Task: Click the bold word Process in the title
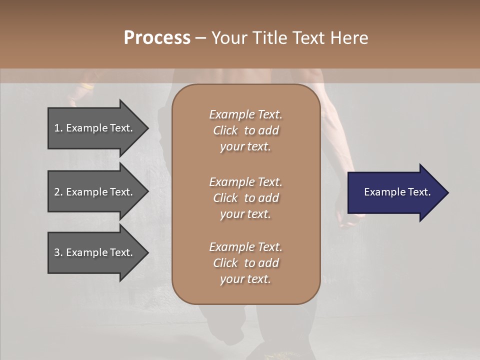(x=157, y=38)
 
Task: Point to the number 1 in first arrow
(x=57, y=128)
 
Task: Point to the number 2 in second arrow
(x=57, y=192)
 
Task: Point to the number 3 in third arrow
(x=57, y=252)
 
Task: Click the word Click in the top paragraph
(x=225, y=130)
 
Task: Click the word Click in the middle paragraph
(x=225, y=198)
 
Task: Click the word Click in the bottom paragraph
(x=225, y=263)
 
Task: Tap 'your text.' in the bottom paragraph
(x=245, y=279)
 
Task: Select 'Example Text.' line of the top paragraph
(x=245, y=114)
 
